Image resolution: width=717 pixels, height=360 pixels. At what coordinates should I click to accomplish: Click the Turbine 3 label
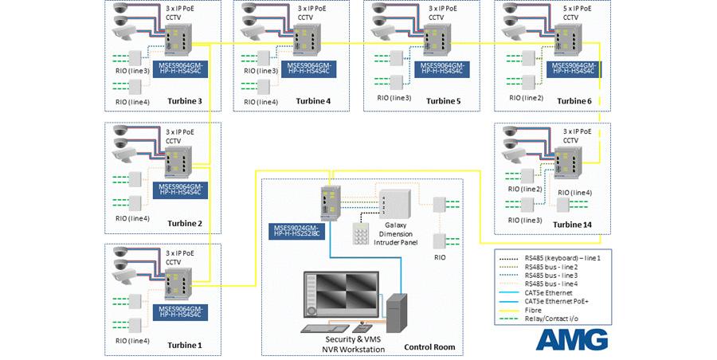(184, 101)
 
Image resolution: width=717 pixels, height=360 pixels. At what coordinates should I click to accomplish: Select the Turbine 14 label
(576, 225)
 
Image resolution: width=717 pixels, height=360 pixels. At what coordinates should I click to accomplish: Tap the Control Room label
(430, 347)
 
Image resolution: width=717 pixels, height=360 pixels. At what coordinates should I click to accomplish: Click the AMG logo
(570, 338)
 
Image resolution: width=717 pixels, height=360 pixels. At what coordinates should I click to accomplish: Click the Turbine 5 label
(443, 101)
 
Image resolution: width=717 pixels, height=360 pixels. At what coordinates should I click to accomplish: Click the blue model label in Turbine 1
(180, 311)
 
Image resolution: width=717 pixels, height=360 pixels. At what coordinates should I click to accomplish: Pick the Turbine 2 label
(184, 224)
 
